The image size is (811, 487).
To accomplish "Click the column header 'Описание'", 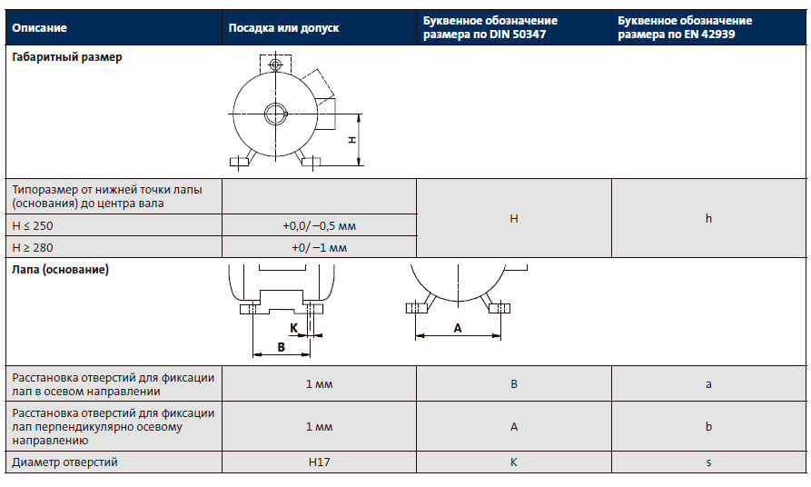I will [40, 27].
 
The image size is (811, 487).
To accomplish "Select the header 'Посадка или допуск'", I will [283, 27].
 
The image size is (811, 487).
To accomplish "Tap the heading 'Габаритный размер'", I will [67, 56].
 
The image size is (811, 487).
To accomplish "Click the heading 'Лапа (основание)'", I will [60, 270].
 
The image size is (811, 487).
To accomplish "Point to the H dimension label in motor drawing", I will [351, 140].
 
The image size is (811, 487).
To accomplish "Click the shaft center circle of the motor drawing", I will [275, 113].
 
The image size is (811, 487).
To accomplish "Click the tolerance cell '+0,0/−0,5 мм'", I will [319, 225].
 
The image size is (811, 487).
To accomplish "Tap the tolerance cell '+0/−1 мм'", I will [319, 247].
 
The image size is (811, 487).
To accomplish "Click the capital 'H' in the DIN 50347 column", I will [513, 219].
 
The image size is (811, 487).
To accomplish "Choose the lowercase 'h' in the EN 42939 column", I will [708, 219].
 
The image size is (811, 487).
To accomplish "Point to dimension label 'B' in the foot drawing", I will [281, 347].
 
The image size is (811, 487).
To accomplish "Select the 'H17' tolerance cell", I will [319, 462].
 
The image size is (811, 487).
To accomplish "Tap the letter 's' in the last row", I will [708, 462].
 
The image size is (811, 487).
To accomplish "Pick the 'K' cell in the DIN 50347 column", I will [513, 462].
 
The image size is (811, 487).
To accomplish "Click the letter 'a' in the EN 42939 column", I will [708, 384].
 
